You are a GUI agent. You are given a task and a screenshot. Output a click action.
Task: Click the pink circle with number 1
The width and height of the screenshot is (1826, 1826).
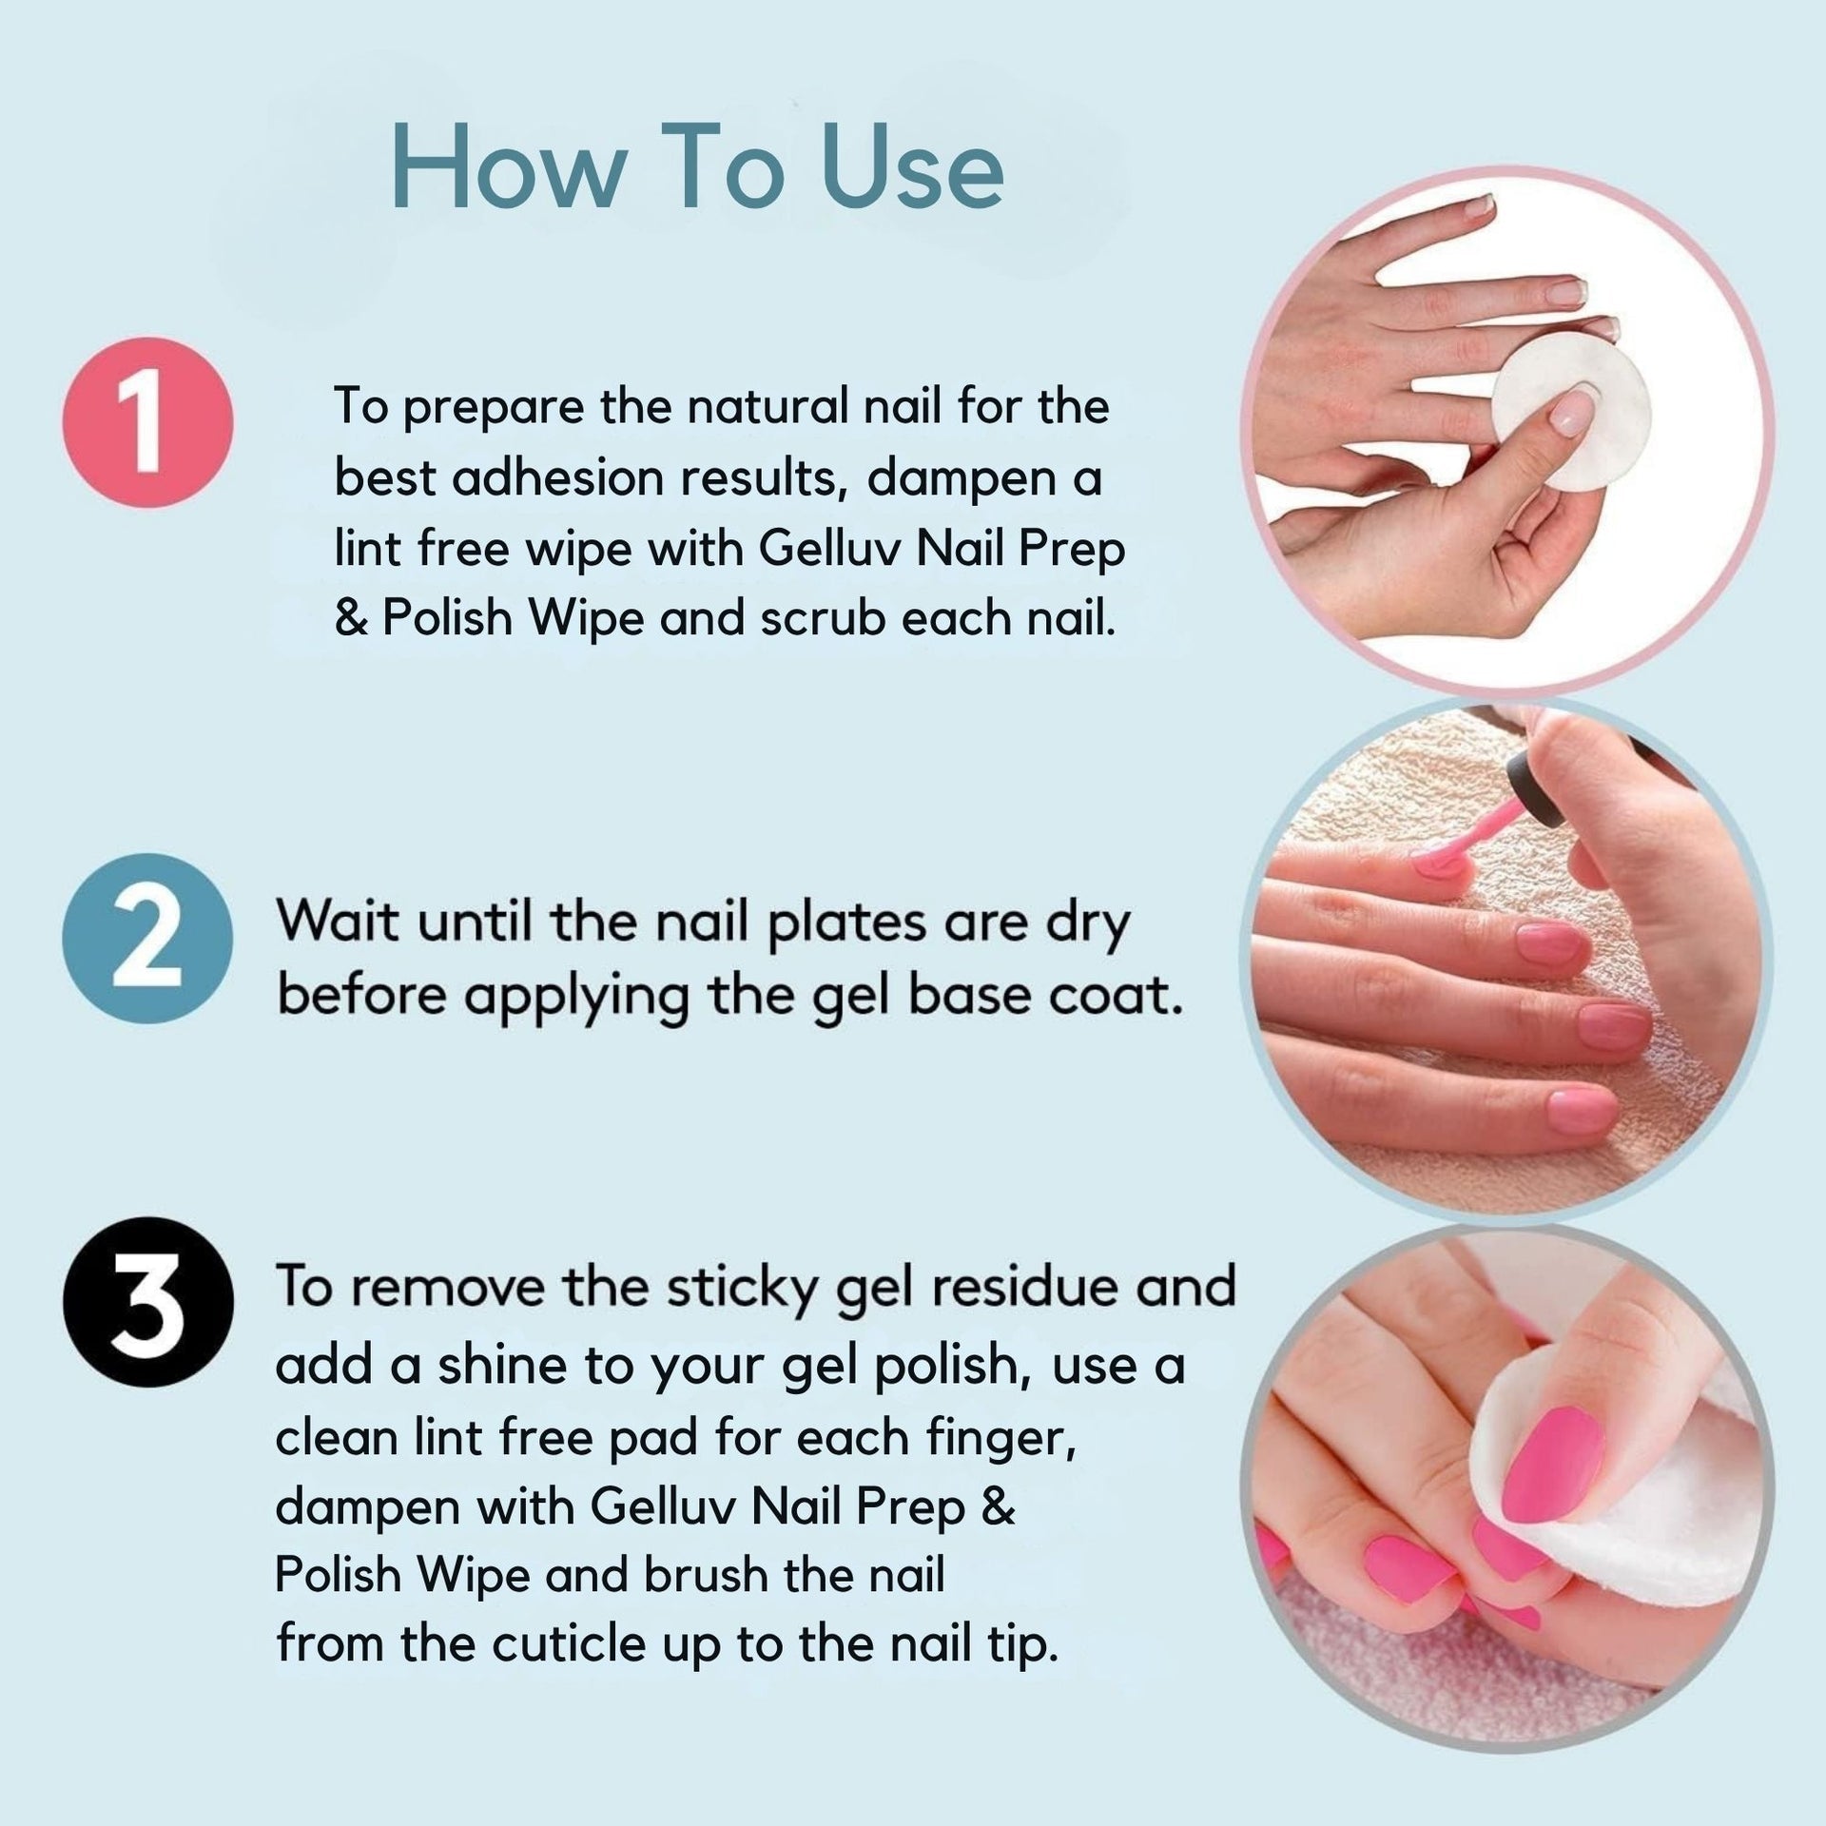(147, 422)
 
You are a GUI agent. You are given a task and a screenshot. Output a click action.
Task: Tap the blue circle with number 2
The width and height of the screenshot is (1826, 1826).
(147, 939)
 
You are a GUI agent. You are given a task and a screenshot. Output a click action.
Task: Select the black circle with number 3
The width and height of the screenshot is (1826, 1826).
(147, 1302)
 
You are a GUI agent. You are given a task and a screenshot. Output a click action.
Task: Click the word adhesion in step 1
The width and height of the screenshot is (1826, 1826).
(556, 478)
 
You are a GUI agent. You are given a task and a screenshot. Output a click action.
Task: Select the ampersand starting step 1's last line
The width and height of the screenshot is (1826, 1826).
(351, 619)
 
